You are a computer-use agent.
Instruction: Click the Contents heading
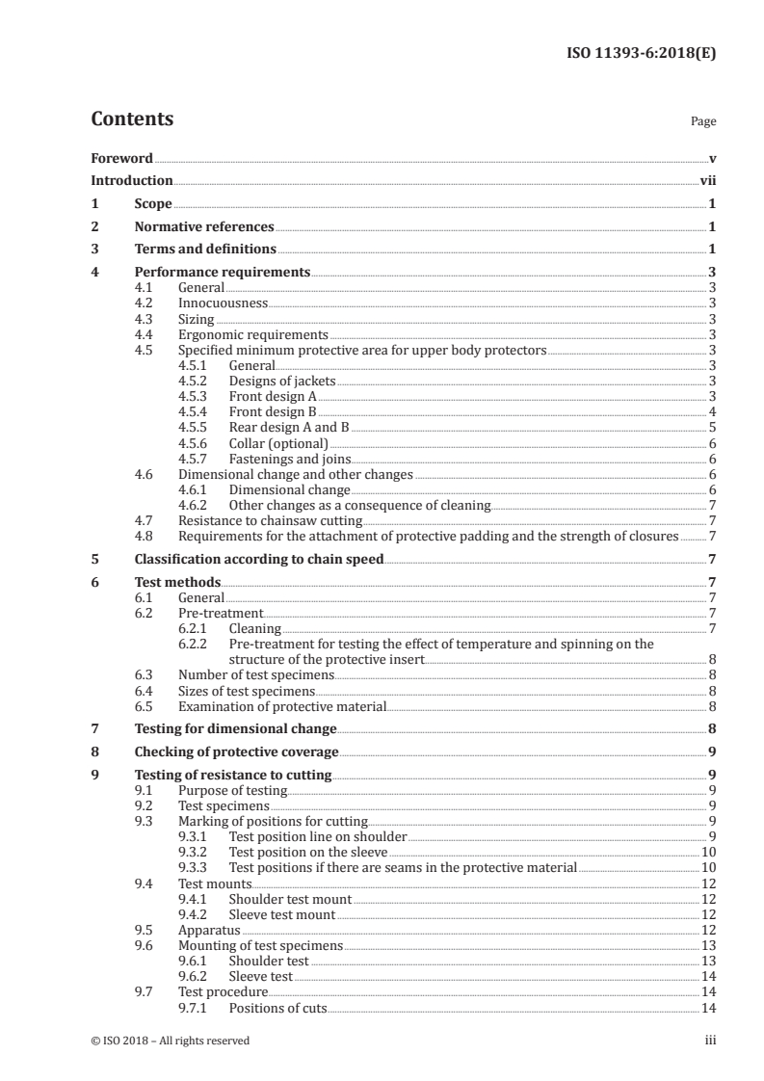pos(132,119)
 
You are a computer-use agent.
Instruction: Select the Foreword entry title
pos(121,158)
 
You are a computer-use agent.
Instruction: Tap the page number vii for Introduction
pos(707,180)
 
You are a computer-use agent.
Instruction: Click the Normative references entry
pos(204,227)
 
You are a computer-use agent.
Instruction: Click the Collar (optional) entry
pos(278,443)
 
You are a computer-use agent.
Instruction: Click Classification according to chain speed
pos(258,559)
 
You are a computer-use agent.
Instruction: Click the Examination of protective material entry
pos(282,706)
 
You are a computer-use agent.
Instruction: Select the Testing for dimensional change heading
pos(235,728)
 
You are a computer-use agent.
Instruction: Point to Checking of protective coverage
pos(236,751)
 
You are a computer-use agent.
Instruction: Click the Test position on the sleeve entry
pos(307,853)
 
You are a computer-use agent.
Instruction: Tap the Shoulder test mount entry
pos(290,899)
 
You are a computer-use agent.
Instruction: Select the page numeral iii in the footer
pos(710,1041)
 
